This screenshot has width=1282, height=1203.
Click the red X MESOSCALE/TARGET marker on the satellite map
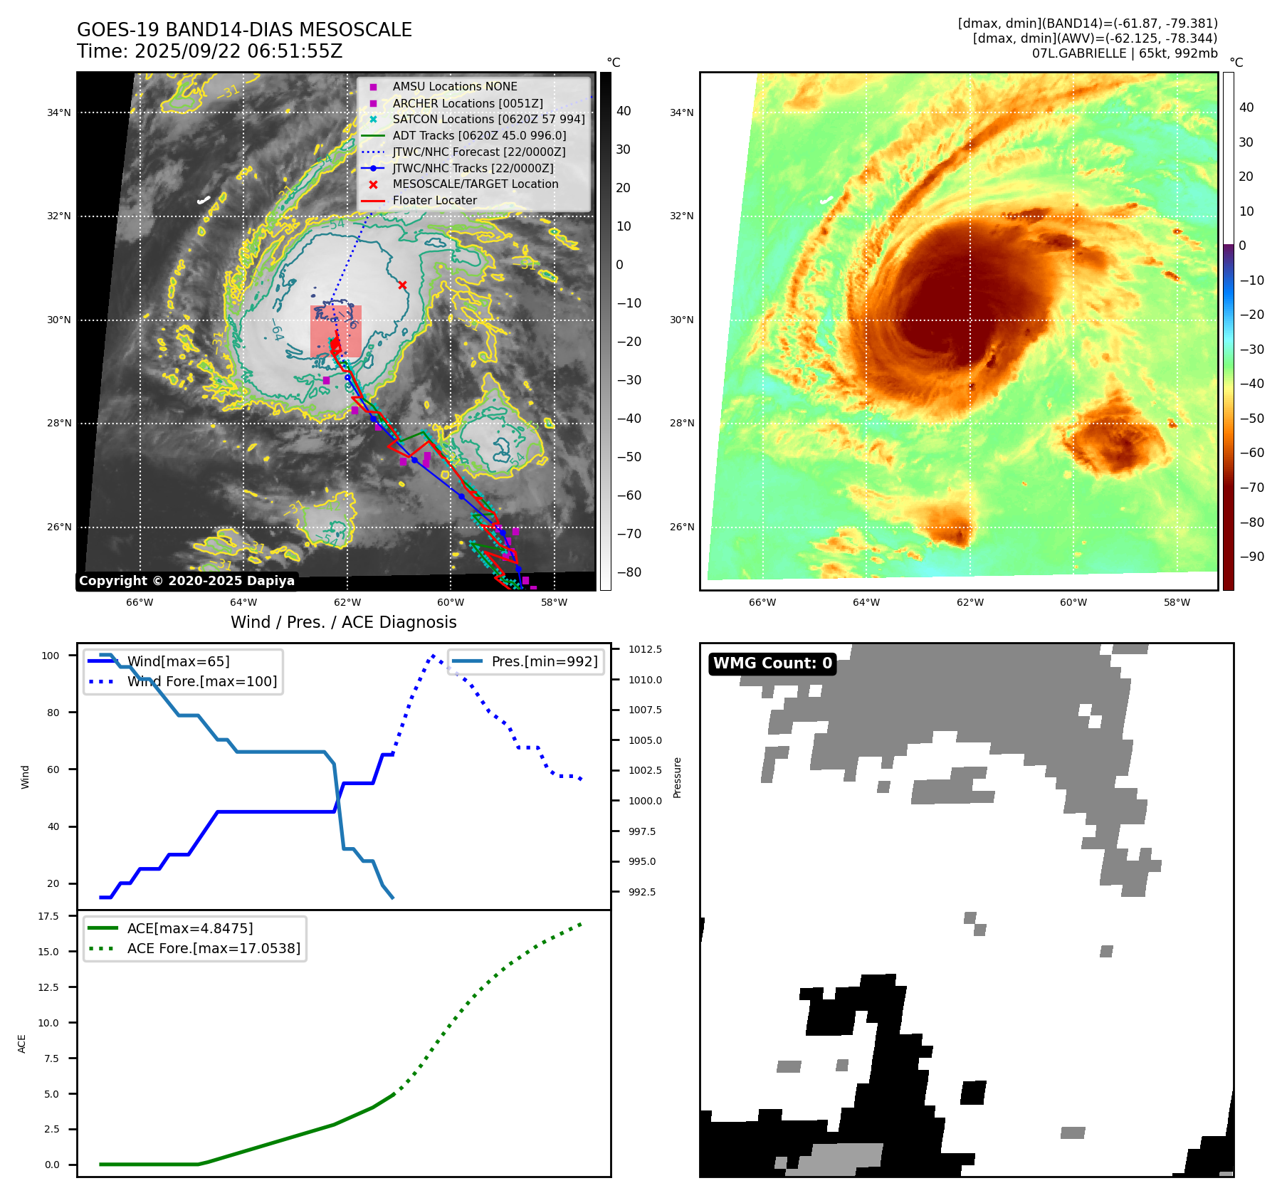click(x=402, y=285)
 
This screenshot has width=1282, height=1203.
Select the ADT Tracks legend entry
click(x=479, y=136)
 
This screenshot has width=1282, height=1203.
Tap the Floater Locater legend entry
click(x=434, y=201)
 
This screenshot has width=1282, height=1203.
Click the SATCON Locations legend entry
click(x=488, y=120)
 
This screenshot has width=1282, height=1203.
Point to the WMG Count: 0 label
click(x=772, y=663)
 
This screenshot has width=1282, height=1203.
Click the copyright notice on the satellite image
click(x=186, y=581)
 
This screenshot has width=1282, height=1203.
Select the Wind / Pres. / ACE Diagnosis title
click(x=343, y=622)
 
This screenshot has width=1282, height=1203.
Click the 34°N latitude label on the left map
click(x=59, y=112)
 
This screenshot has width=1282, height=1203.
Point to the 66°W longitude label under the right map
click(x=762, y=602)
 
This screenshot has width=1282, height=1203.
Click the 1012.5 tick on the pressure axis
click(x=645, y=649)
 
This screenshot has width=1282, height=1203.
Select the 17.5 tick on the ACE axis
click(x=48, y=916)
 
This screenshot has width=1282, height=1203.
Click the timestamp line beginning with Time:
click(x=210, y=52)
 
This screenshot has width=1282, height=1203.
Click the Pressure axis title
click(x=677, y=777)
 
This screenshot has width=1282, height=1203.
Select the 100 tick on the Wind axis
click(x=51, y=656)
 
